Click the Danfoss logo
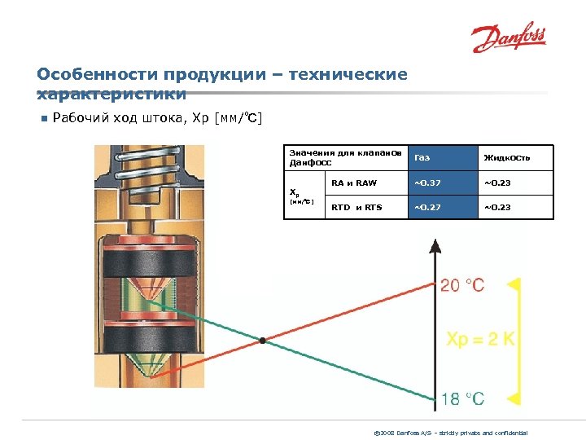click(509, 37)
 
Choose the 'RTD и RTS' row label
click(356, 207)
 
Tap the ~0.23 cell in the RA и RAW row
click(497, 183)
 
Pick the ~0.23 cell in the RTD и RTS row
click(497, 207)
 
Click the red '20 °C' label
click(462, 285)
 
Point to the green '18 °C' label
click(462, 398)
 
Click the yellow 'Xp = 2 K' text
click(481, 339)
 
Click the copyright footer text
click(461, 432)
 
